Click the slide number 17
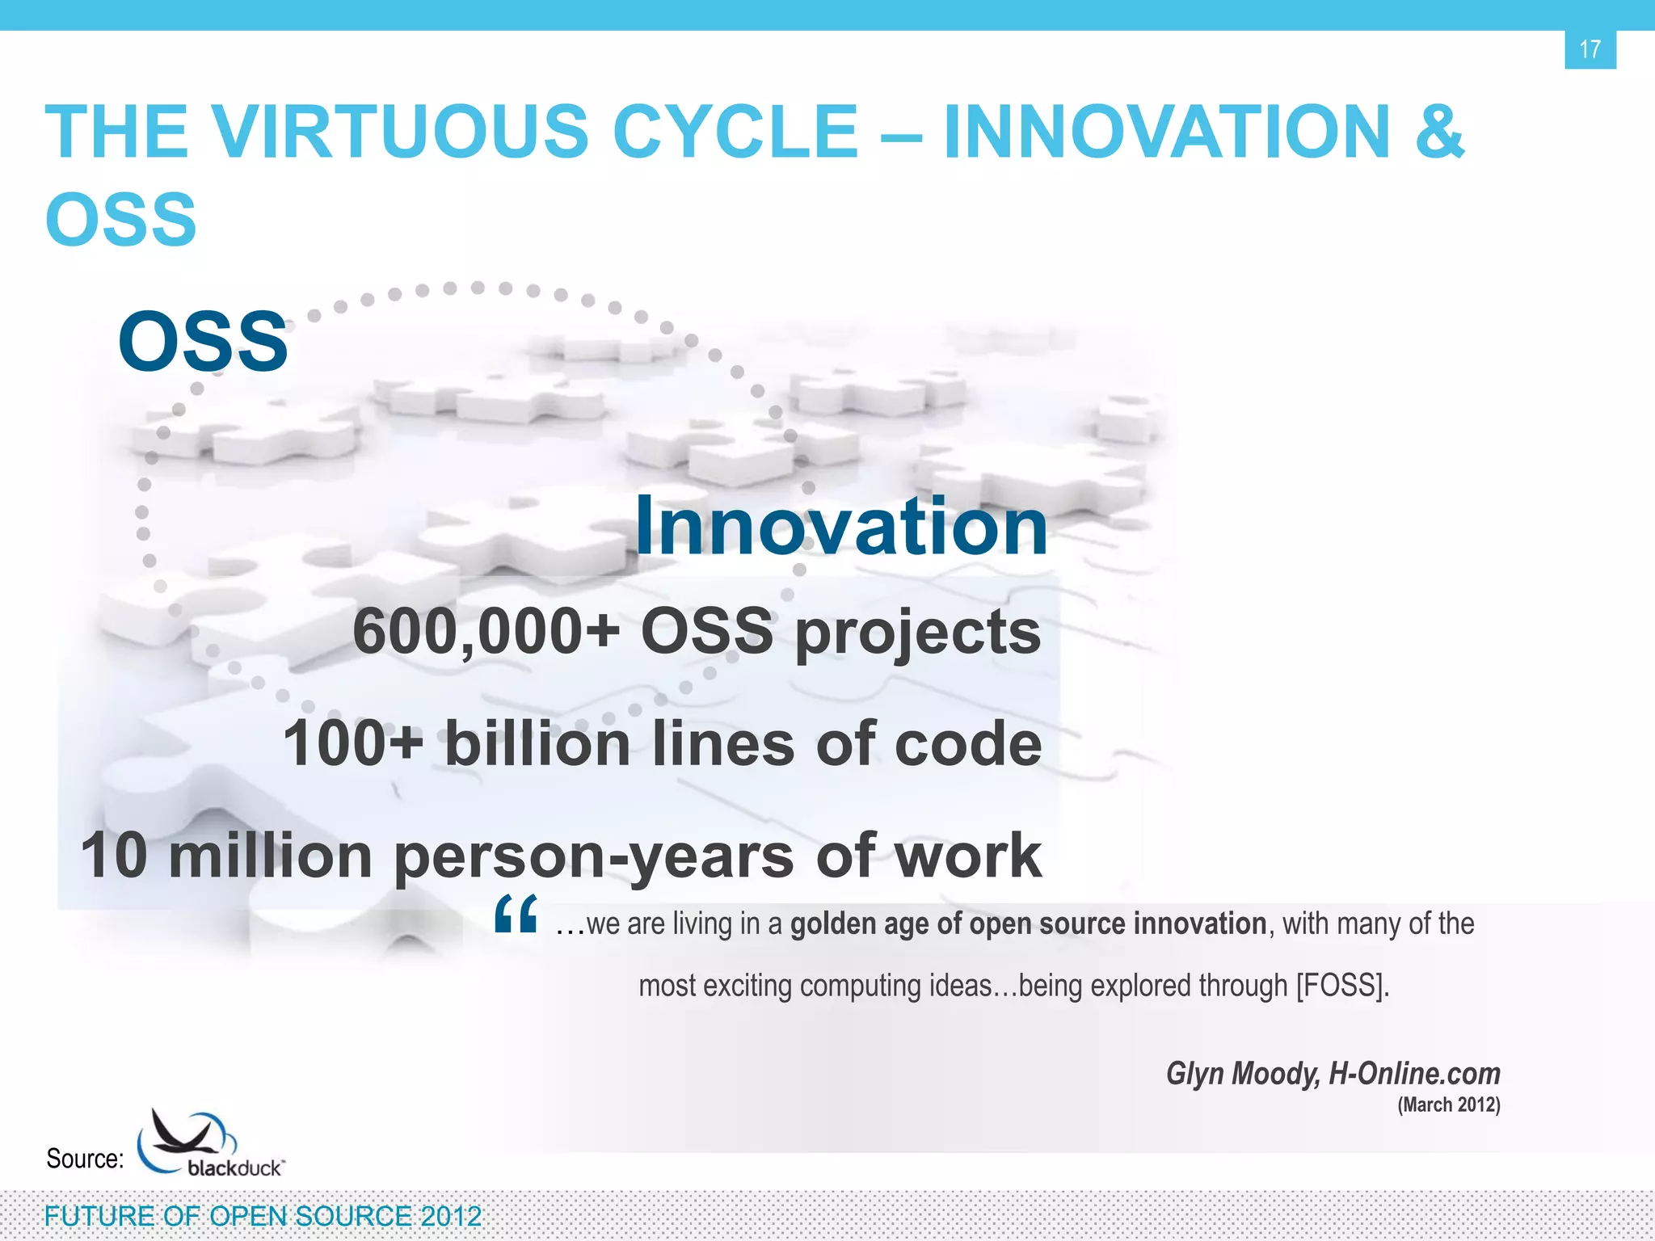pos(1590,49)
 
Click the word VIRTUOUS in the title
pos(399,132)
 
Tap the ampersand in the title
pos(1439,132)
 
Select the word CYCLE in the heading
pos(735,132)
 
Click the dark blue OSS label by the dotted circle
pos(203,342)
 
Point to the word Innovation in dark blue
pos(841,526)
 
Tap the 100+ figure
pos(352,744)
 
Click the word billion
pos(537,744)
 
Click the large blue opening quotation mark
pos(516,915)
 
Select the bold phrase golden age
pos(860,923)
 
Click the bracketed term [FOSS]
pos(1342,986)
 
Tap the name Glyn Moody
pos(1242,1074)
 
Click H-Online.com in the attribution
pos(1414,1074)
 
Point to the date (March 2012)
pos(1448,1104)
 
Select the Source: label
pos(85,1159)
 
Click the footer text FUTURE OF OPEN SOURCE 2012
pos(263,1216)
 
